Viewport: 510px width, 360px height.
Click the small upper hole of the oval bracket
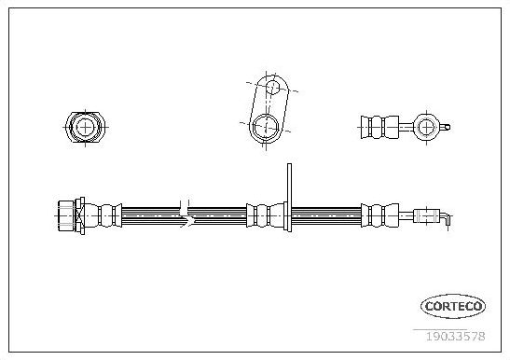click(272, 90)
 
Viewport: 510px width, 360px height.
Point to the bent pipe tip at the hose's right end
click(448, 218)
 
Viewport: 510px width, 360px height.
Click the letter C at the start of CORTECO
click(422, 305)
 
